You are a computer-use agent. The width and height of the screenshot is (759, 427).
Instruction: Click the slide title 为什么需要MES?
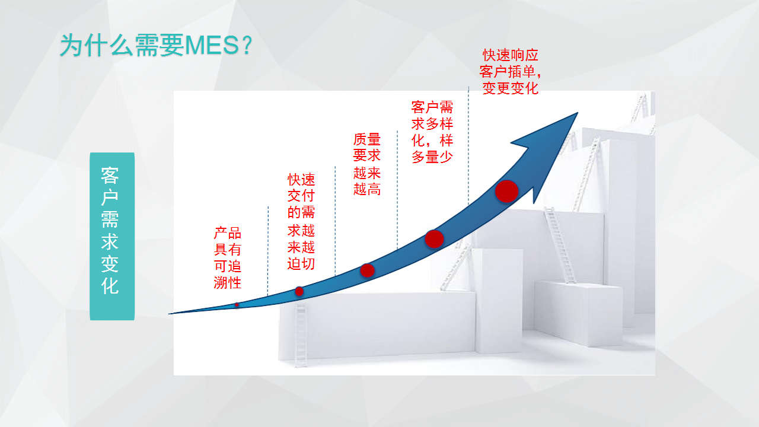coord(156,45)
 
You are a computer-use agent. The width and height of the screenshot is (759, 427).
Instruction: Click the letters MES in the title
coord(212,46)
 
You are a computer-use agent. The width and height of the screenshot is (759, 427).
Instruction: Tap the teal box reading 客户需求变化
coord(112,236)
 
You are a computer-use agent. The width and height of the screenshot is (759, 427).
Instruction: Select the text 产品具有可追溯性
coord(227,258)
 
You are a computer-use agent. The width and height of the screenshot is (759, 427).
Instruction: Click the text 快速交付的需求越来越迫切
coord(301,222)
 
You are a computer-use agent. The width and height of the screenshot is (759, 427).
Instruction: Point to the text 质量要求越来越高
coord(366,164)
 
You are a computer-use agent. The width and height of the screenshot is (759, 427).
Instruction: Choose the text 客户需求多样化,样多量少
coord(432,132)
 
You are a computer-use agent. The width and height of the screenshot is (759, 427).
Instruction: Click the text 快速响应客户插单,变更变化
coord(510,72)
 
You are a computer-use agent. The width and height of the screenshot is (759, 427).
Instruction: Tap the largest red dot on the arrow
coord(506,192)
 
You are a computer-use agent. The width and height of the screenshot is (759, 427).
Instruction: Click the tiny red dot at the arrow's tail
coord(237,305)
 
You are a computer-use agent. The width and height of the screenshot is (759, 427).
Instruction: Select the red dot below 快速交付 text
coord(299,291)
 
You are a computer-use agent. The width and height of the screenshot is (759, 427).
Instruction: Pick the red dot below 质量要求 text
coord(367,270)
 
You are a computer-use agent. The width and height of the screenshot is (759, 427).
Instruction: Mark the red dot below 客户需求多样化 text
coord(435,239)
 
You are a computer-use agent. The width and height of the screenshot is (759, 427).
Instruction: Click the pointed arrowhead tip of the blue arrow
coord(578,113)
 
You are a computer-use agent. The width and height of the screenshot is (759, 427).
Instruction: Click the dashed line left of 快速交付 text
coord(268,251)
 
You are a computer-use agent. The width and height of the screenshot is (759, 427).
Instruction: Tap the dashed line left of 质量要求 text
coord(335,220)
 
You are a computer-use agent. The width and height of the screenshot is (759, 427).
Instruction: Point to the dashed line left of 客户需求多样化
coord(397,191)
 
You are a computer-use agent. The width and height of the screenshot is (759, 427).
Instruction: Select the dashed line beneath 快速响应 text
coord(468,146)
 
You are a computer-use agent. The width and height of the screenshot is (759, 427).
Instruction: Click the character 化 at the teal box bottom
coord(110,286)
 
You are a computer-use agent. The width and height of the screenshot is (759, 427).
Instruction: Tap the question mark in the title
coord(247,46)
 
